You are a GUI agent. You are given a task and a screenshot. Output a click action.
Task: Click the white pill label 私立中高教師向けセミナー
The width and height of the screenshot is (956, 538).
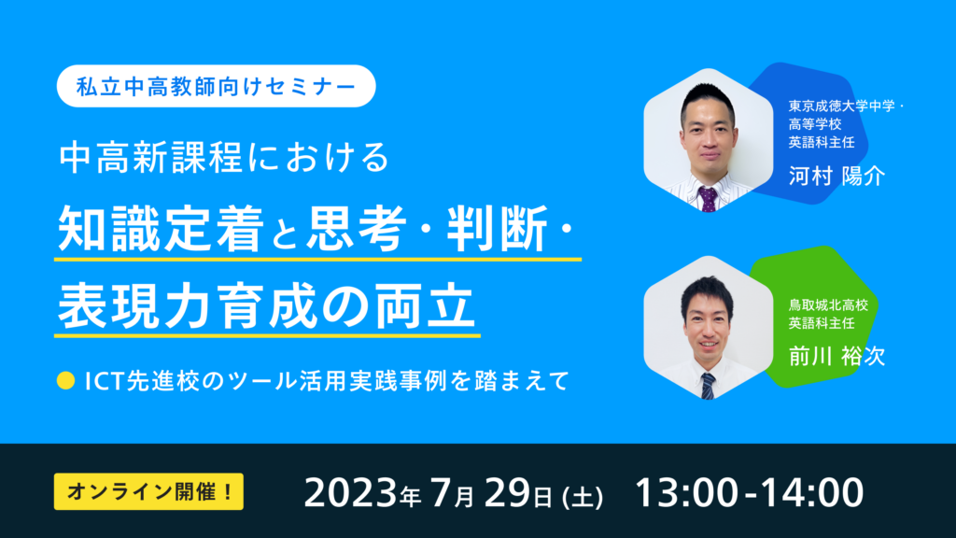216,86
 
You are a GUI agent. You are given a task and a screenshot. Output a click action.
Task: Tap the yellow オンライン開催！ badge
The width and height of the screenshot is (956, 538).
148,491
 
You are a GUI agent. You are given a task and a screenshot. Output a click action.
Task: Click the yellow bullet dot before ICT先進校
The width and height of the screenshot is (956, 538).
65,381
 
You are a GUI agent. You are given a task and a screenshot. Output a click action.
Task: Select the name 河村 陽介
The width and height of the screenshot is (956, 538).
836,177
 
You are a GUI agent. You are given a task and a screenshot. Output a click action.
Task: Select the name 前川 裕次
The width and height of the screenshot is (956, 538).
836,356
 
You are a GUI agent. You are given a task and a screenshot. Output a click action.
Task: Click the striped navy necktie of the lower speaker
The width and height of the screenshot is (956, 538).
708,386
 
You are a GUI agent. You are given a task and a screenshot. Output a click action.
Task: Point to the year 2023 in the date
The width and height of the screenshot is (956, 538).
351,493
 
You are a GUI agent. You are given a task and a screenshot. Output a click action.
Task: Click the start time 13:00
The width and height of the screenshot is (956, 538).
687,493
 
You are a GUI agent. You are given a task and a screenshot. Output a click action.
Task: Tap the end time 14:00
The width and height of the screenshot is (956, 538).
812,493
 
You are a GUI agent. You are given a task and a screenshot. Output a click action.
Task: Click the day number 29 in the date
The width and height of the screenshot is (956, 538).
509,493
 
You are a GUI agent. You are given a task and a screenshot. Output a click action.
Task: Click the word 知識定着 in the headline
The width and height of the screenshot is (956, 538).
161,230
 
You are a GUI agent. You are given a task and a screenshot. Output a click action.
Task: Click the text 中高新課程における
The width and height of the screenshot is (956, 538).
224,157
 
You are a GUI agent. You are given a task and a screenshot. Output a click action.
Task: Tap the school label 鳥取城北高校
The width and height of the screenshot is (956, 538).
829,304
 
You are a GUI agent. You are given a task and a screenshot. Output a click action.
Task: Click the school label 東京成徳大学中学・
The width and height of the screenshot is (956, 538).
846,106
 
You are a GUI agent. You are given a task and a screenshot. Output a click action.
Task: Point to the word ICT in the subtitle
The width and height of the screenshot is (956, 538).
105,381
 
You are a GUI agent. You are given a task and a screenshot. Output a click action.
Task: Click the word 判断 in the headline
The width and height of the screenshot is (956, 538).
498,230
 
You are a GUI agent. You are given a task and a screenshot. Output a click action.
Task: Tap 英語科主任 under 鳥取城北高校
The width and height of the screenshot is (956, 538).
822,322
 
